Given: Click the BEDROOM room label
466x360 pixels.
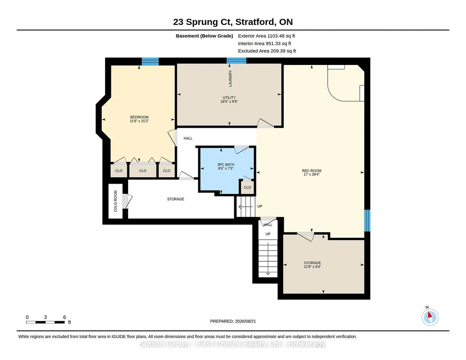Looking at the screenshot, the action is pos(139,117).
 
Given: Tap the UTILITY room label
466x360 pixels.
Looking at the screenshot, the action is pos(229,98).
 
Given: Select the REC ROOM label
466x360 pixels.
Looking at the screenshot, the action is pos(311,171).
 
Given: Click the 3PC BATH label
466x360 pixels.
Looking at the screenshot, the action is pos(225,165).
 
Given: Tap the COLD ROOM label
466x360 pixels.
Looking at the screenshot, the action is pos(115,201).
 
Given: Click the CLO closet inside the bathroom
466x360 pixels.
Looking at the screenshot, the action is pos(247,187).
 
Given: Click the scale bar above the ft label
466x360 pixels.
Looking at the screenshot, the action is pos(45,322).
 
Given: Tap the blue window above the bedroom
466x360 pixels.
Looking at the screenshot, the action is pos(150,61).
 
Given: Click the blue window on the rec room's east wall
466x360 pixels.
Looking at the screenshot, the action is pos(367,220).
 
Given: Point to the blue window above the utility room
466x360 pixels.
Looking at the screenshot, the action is pos(236,60).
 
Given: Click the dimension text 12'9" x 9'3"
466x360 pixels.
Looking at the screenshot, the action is pos(312,267).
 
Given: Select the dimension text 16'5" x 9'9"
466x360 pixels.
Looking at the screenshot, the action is pos(229,101).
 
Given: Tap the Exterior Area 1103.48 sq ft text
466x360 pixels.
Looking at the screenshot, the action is pos(266,36).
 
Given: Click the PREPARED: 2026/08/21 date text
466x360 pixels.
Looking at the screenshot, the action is pos(233,321).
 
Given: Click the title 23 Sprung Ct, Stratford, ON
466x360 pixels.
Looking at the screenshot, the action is pos(233,22).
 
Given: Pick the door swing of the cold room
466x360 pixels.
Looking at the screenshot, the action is pos(127,201).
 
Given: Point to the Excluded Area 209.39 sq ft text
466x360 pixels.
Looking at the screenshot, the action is pos(267,51).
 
